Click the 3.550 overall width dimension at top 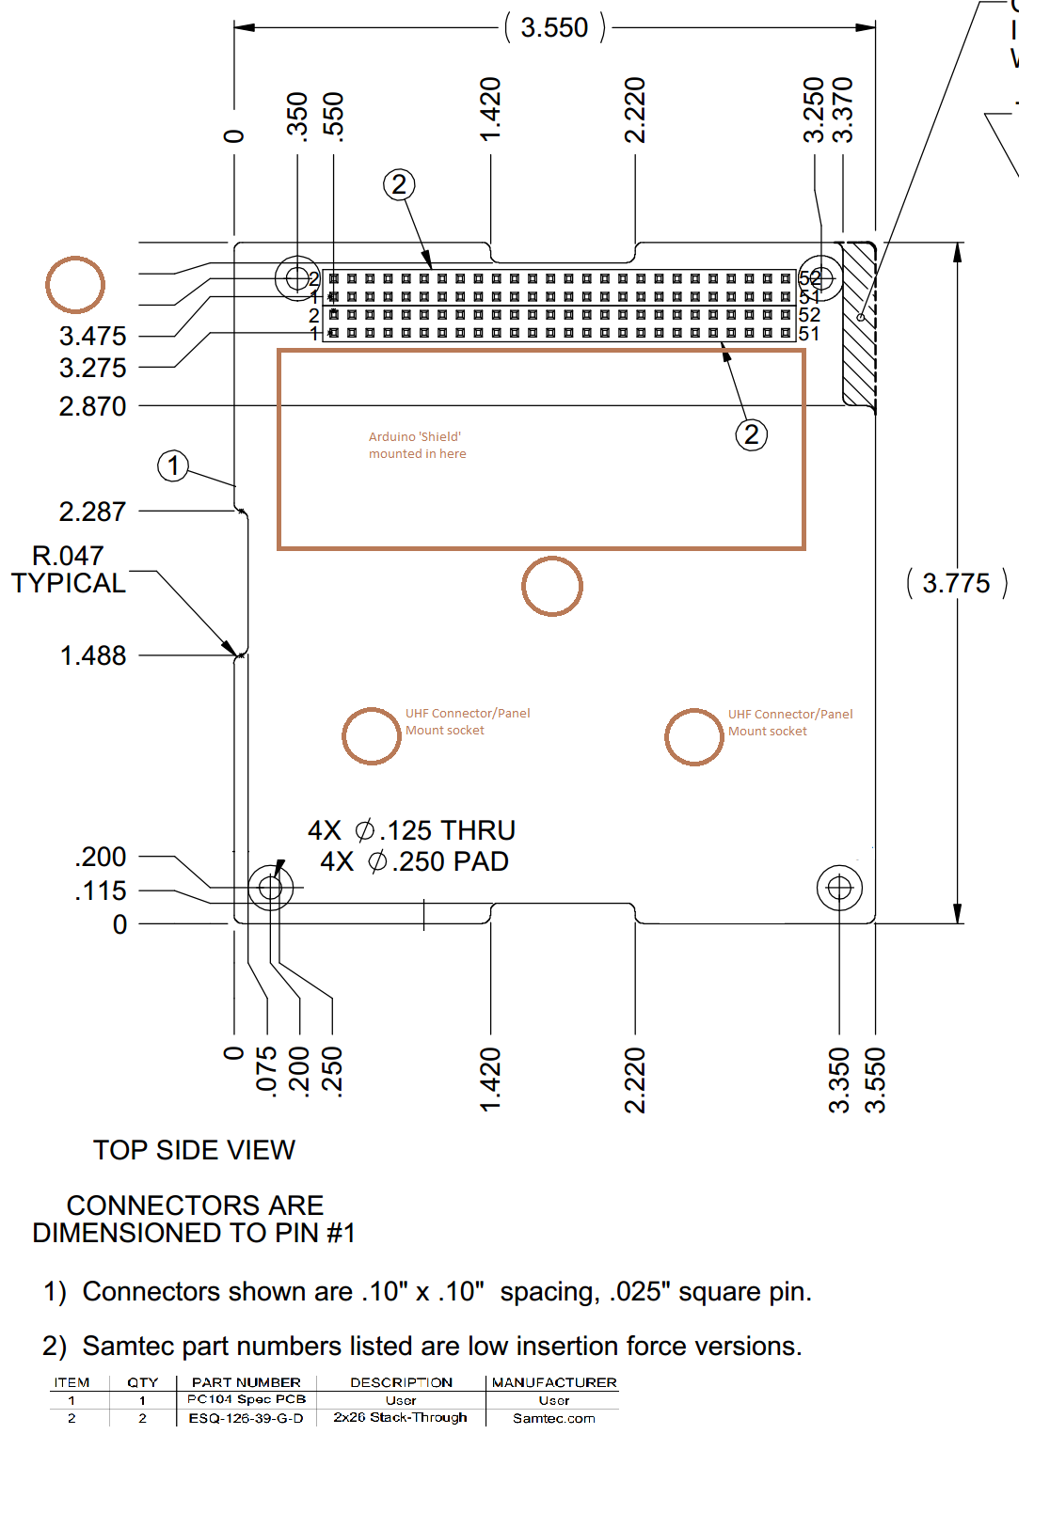pyautogui.click(x=554, y=28)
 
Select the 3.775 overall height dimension pyautogui.click(x=956, y=583)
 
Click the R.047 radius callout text pyautogui.click(x=68, y=557)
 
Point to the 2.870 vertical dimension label pyautogui.click(x=92, y=406)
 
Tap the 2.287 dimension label pyautogui.click(x=92, y=512)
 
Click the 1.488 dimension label pyautogui.click(x=93, y=655)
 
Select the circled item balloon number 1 pyautogui.click(x=173, y=465)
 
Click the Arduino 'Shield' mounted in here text pyautogui.click(x=417, y=445)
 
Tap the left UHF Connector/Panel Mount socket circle pyautogui.click(x=372, y=735)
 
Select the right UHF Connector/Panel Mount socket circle pyautogui.click(x=694, y=736)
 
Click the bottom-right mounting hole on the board pyautogui.click(x=839, y=888)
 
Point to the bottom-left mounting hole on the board pyautogui.click(x=270, y=887)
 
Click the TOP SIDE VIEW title pyautogui.click(x=194, y=1150)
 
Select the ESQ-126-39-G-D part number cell pyautogui.click(x=246, y=1418)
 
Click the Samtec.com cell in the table pyautogui.click(x=553, y=1418)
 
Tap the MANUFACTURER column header pyautogui.click(x=554, y=1382)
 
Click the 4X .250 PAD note pyautogui.click(x=414, y=861)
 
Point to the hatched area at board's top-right pyautogui.click(x=859, y=324)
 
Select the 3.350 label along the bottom pyautogui.click(x=839, y=1080)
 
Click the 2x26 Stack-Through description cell pyautogui.click(x=400, y=1417)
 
